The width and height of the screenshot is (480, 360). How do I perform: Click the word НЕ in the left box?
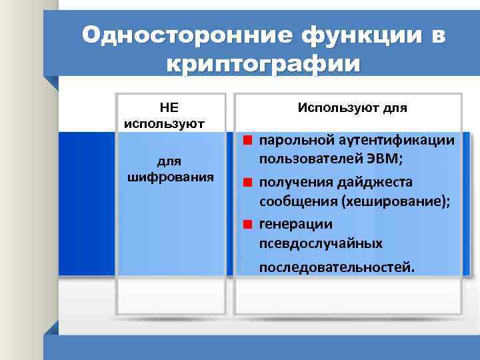pos(169,107)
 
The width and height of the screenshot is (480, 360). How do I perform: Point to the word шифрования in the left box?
pos(169,177)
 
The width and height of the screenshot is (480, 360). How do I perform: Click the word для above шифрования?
pos(169,161)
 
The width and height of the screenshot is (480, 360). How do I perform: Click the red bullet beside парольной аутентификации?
pos(247,141)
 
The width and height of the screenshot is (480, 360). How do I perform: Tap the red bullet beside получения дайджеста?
pos(247,183)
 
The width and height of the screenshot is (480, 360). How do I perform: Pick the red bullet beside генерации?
pos(247,224)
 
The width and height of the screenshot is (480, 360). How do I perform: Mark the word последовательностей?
pos(337,267)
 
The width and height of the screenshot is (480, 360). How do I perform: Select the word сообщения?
pos(297,203)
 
